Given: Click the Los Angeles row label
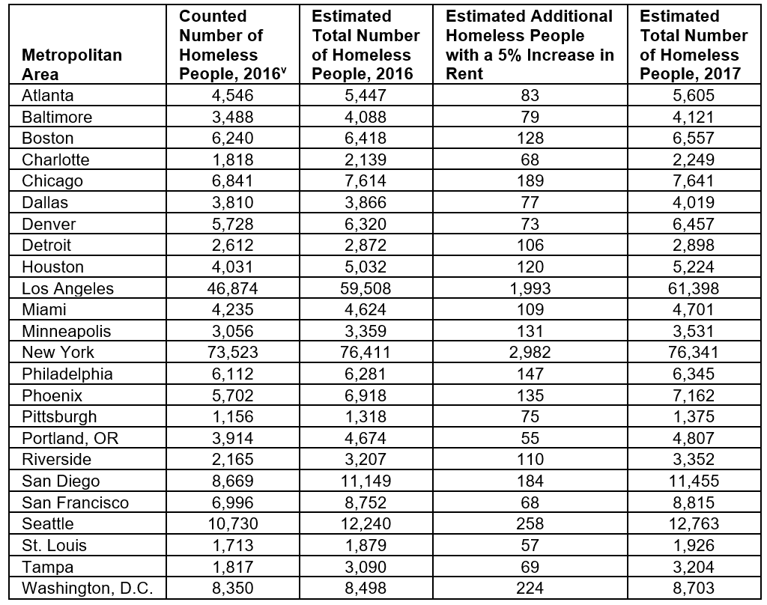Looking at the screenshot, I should pos(68,288).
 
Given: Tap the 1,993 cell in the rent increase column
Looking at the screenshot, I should pos(530,288).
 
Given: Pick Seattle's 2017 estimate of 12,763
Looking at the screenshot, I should pos(689,523).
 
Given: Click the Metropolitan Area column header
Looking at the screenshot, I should pos(72,64).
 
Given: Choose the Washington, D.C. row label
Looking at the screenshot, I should pos(88,588).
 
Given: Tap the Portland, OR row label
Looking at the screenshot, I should pos(70,438).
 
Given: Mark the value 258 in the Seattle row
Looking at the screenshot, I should pos(530,523).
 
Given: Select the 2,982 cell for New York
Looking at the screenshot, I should pos(530,352).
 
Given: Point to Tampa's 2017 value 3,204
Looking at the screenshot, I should pos(689,566).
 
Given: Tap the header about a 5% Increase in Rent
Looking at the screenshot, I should pos(530,45).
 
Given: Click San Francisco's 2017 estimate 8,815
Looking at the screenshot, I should pos(689,502).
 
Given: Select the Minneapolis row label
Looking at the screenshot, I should pos(67,331).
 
